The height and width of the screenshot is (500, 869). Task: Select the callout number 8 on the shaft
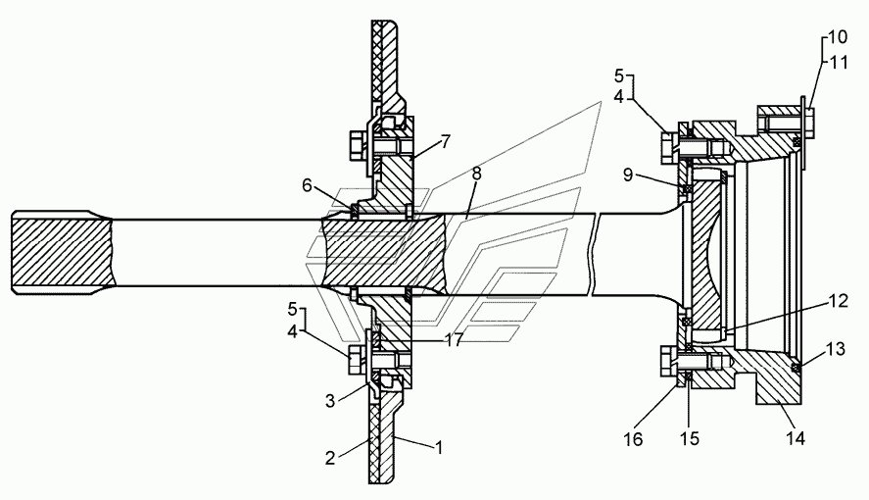476,174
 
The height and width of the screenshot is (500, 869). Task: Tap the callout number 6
307,185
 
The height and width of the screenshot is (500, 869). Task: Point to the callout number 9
628,175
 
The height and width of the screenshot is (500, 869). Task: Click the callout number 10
838,37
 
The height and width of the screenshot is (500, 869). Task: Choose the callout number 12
838,301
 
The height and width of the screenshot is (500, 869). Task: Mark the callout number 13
835,349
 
